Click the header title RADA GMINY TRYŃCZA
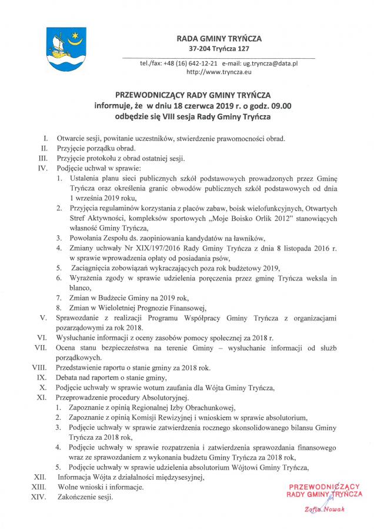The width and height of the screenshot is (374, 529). (x=219, y=38)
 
